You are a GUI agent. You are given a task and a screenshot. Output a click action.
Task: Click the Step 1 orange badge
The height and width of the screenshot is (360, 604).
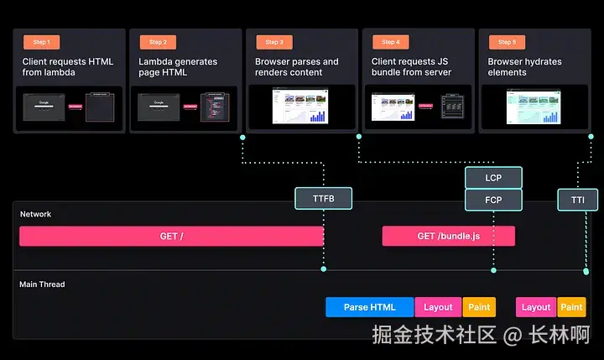pos(41,42)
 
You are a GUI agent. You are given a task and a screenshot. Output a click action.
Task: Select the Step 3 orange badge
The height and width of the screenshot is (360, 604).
pos(273,42)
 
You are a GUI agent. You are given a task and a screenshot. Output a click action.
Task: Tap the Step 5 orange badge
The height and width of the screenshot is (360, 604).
pos(507,42)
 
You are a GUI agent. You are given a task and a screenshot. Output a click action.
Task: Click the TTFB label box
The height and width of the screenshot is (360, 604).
pos(323,199)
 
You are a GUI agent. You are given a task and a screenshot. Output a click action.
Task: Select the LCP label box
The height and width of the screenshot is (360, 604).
pos(493,178)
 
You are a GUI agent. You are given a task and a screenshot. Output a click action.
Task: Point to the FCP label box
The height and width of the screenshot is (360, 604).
pos(493,200)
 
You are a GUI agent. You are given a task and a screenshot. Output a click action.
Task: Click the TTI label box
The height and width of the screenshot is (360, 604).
pos(578,200)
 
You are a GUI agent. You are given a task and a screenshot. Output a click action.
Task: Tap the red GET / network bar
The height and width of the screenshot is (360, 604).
pos(171,237)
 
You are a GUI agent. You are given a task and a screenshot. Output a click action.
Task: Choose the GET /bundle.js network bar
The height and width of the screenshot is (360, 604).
pos(448,237)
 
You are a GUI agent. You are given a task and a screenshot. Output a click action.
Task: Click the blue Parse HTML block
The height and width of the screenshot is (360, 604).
pos(369,307)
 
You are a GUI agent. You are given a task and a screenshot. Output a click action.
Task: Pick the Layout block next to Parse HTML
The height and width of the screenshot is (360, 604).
pos(438,307)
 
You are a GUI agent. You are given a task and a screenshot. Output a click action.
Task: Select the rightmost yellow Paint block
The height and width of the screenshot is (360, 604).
pos(571,307)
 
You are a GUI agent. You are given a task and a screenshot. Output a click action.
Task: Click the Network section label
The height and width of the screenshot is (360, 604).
pos(35,214)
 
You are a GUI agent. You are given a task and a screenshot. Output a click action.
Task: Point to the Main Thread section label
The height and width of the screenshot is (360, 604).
pos(42,284)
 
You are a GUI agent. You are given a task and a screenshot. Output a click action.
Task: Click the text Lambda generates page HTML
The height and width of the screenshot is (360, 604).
pos(178,67)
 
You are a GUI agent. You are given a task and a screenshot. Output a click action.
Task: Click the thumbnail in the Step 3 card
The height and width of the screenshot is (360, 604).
pos(299,107)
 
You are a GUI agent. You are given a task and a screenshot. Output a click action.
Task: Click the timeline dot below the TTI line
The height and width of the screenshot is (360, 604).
pos(586,270)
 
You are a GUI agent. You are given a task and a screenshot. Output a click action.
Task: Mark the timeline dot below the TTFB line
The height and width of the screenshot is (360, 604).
pos(323,270)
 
